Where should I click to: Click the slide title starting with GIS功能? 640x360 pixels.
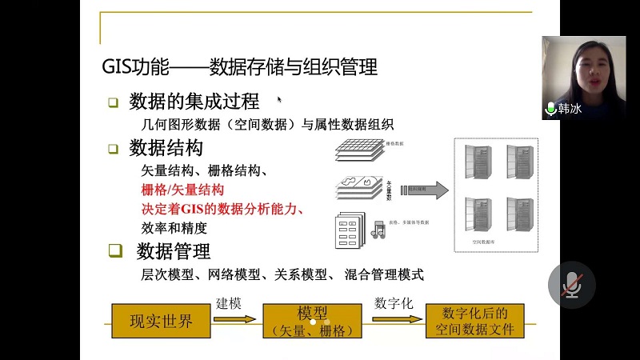238,66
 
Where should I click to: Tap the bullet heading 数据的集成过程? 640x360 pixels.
194,102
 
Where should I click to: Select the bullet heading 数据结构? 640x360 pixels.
166,148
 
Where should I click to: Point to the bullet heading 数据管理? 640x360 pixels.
173,251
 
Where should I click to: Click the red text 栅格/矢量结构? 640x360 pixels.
182,190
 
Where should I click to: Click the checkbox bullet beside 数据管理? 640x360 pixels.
116,251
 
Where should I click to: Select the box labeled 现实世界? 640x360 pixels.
162,322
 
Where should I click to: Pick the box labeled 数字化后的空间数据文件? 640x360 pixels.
475,321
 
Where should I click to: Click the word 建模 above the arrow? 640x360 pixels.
229,305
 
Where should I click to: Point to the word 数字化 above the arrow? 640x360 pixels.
393,305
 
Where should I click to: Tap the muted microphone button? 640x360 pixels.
571,285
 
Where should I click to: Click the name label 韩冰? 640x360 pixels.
569,108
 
